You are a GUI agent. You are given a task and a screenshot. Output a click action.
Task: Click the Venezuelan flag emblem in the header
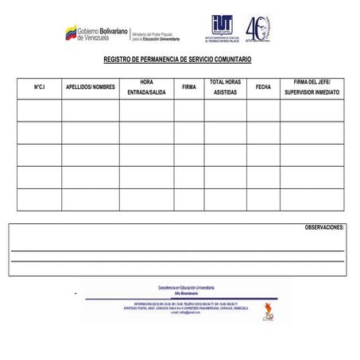pos(70,33)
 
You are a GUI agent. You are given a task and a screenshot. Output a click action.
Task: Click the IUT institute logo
pos(223,29)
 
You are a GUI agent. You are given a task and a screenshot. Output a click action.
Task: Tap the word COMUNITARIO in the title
pos(231,61)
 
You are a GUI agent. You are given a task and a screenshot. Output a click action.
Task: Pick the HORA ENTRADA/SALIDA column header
pos(146,87)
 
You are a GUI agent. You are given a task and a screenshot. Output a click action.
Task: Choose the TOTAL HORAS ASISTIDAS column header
pos(225,87)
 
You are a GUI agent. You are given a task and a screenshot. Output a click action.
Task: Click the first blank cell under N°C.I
pos(39,110)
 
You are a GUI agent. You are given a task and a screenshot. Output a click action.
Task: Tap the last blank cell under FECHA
pos(263,199)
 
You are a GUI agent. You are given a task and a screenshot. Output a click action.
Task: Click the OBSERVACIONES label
pos(324,227)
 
